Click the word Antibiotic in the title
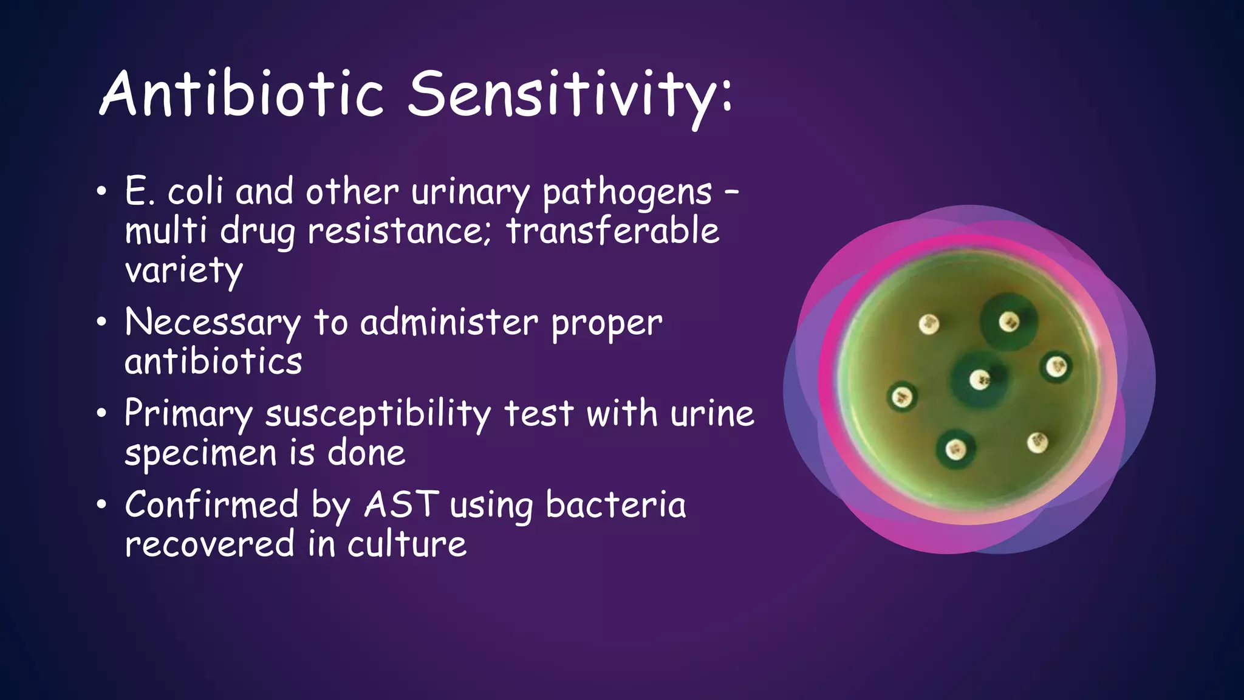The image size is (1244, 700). (x=242, y=94)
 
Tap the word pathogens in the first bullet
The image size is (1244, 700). (x=627, y=193)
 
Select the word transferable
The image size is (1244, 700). (x=613, y=232)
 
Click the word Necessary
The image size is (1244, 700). (x=212, y=323)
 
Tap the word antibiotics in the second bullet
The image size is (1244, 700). (x=213, y=362)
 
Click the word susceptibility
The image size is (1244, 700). (x=378, y=415)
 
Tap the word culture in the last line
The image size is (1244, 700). (x=406, y=544)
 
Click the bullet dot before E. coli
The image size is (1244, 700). (x=101, y=193)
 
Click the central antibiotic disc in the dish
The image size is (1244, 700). (x=979, y=380)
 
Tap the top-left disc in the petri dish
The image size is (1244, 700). (x=929, y=324)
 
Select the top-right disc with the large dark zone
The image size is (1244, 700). (x=1009, y=321)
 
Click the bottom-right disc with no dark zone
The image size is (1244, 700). (x=1037, y=442)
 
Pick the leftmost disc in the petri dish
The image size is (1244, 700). (x=901, y=397)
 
